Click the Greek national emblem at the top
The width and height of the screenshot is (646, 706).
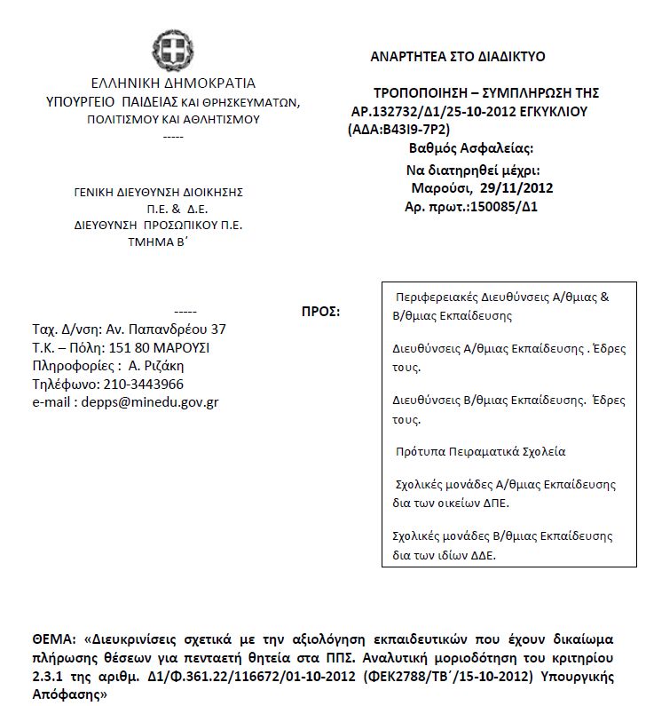click(172, 50)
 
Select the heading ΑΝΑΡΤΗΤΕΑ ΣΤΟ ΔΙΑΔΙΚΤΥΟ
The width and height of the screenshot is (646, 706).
click(458, 57)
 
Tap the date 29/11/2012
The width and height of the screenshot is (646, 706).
click(516, 188)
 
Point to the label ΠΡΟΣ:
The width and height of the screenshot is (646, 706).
click(321, 312)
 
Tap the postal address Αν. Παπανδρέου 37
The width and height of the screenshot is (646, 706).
click(166, 329)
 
